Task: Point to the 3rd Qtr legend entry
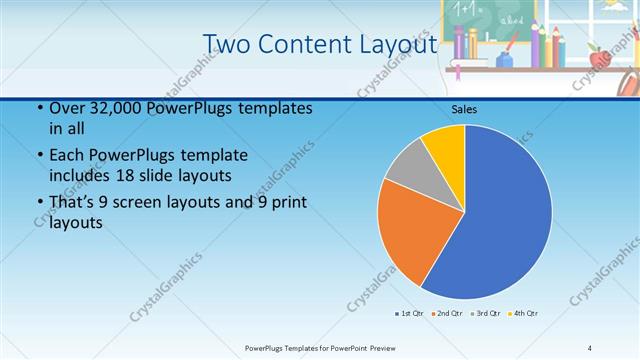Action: coord(485,313)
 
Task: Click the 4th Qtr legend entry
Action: coord(524,313)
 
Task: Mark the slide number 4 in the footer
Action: coord(590,347)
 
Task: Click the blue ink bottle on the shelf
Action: coord(505,60)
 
